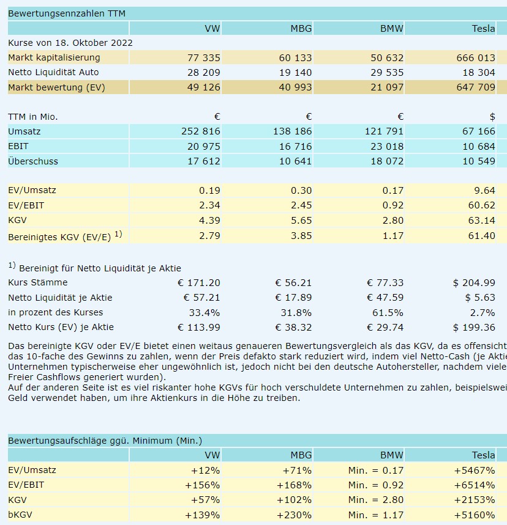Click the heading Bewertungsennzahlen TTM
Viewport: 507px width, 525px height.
click(x=67, y=13)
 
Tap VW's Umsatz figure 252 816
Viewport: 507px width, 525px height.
click(x=201, y=131)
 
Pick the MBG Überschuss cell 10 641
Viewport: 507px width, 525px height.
click(x=295, y=161)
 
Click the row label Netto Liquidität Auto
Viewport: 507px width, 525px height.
click(x=54, y=72)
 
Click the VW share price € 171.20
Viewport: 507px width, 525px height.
click(x=198, y=282)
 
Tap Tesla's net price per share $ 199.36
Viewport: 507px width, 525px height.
click(x=474, y=327)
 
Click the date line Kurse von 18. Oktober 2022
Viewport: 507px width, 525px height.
click(x=70, y=43)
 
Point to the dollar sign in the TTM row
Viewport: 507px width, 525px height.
click(x=492, y=116)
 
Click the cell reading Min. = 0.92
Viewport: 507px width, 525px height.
click(x=376, y=485)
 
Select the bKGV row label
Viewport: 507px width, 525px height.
click(x=20, y=515)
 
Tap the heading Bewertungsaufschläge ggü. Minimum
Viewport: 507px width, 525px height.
click(x=105, y=440)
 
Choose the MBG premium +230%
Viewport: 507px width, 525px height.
click(x=297, y=515)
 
